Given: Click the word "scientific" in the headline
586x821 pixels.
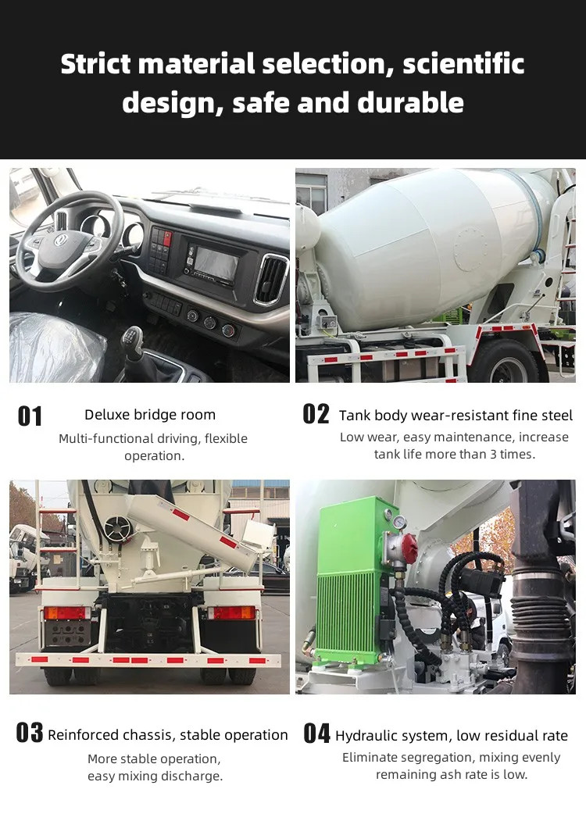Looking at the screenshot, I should (x=463, y=64).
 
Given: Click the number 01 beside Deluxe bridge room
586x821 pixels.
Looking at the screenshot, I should (x=30, y=416).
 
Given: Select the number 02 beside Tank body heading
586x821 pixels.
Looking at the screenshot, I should (x=316, y=414).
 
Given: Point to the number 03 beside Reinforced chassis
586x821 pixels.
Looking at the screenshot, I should (x=29, y=734).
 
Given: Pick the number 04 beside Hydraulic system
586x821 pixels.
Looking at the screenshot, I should (x=316, y=734).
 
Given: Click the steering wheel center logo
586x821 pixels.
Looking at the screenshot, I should (x=61, y=241).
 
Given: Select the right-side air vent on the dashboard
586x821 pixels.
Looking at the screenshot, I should (x=270, y=279).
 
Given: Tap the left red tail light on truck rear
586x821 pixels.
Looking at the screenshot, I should (x=66, y=613).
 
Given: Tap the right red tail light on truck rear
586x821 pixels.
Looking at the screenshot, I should (x=231, y=613).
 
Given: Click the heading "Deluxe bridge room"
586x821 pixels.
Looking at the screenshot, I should (x=150, y=415).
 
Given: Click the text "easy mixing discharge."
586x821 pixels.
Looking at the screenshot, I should (x=155, y=776).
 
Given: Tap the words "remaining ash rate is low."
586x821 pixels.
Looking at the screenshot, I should (x=451, y=775).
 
